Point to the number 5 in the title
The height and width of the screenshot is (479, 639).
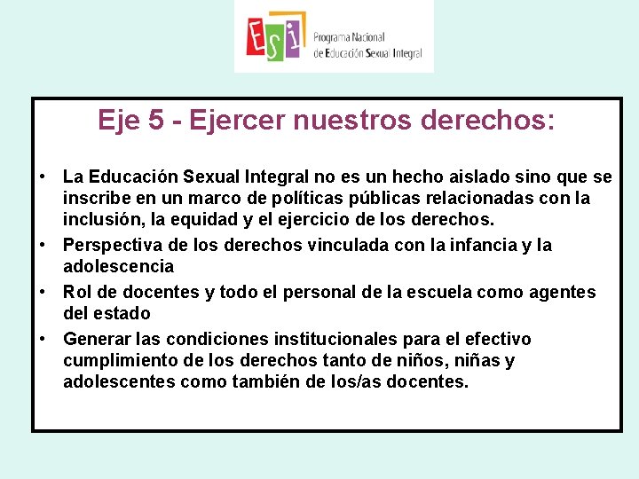point(156,120)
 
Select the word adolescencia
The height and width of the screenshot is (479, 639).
point(118,266)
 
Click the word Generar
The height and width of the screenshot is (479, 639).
point(97,339)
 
